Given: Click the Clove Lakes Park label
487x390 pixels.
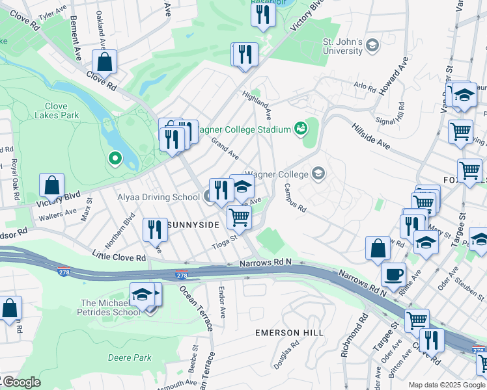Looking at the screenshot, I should click(62, 110).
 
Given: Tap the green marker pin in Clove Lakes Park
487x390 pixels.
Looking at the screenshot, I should click(115, 158).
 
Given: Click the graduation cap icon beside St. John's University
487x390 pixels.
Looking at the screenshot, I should click(372, 45).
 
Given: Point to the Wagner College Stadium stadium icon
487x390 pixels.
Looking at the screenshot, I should click(301, 129).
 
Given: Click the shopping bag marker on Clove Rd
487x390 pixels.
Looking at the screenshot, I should click(104, 63).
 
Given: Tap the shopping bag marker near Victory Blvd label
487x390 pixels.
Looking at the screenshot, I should click(51, 186).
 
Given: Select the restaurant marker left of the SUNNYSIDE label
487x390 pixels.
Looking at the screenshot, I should click(155, 229).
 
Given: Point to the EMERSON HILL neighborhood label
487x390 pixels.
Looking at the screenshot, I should click(289, 333).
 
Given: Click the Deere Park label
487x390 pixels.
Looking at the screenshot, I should click(130, 357).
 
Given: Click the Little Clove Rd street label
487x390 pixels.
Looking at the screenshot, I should click(118, 257).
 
